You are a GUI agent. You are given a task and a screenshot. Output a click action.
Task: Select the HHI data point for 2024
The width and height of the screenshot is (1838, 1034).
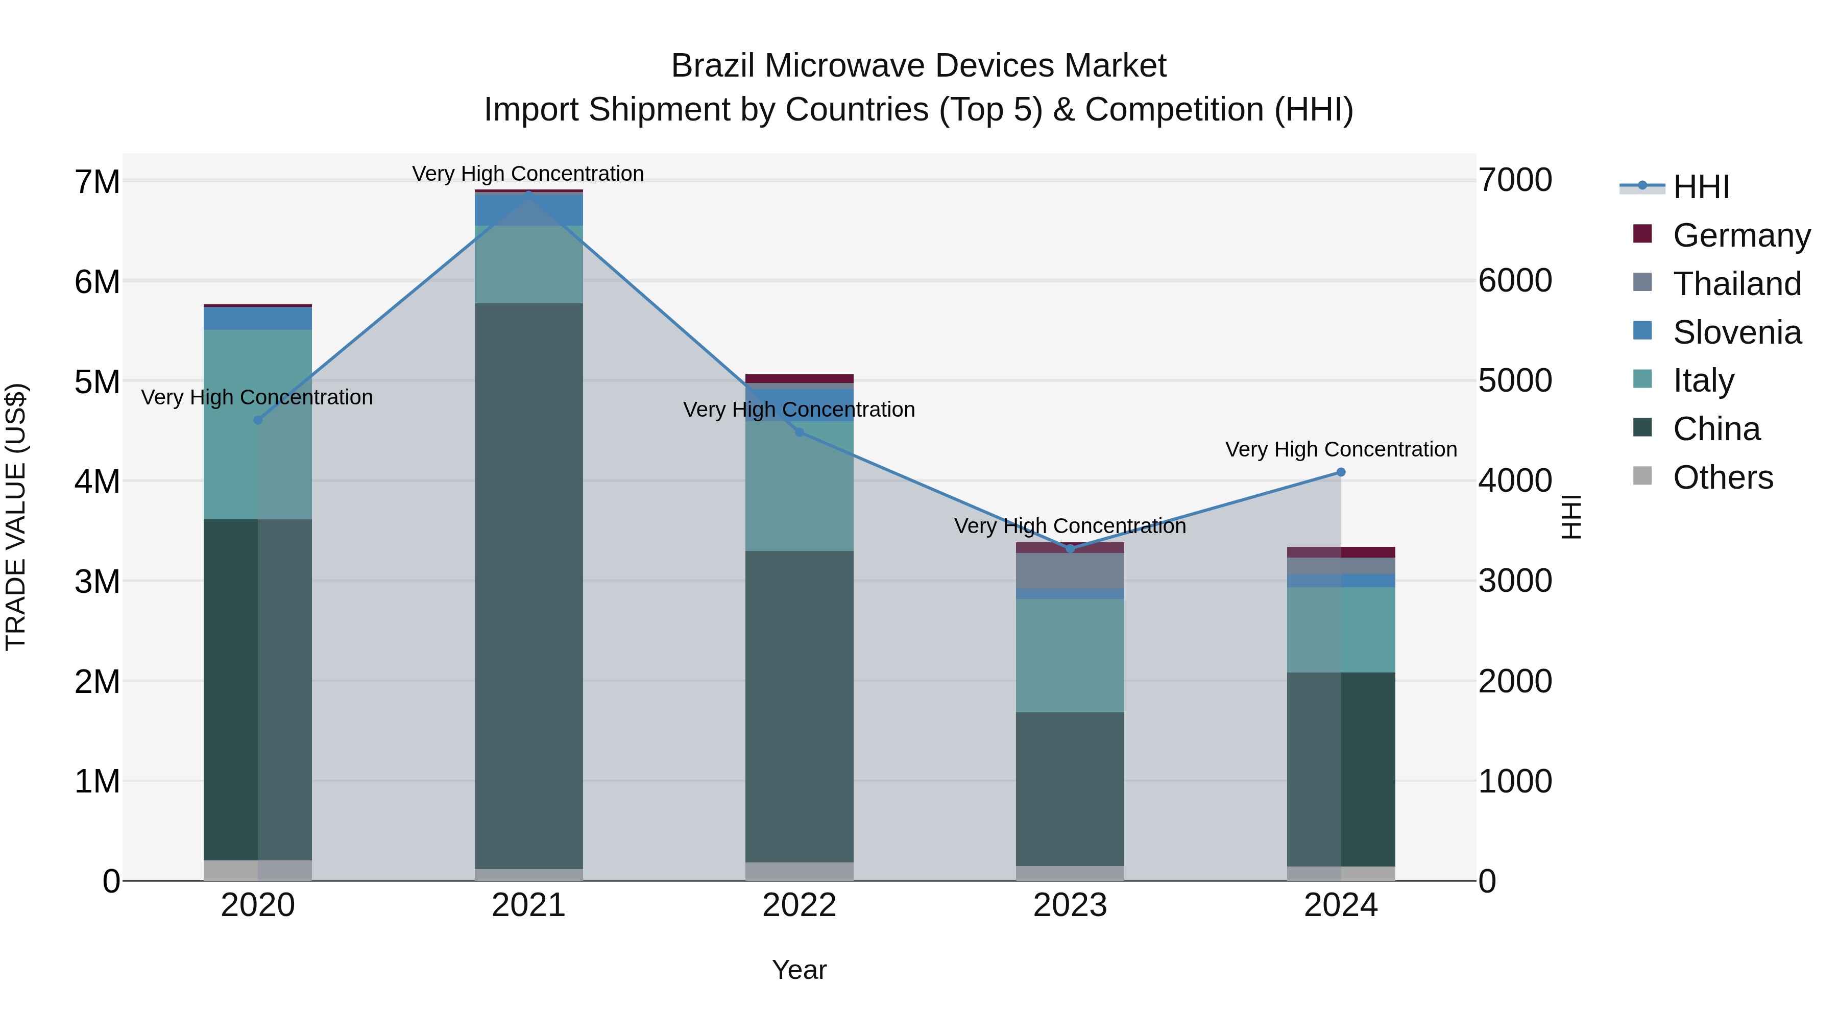pos(1341,472)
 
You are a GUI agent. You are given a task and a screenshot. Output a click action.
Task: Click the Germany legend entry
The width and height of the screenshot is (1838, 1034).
pos(1742,235)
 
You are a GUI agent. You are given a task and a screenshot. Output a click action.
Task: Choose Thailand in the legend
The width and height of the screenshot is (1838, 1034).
pos(1737,284)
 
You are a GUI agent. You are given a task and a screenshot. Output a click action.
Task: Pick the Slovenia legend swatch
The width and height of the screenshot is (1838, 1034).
pos(1642,331)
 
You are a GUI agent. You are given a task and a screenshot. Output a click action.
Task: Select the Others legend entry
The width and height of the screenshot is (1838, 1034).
pos(1723,477)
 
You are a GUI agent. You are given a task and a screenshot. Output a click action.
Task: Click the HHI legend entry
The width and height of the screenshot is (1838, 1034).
pos(1701,187)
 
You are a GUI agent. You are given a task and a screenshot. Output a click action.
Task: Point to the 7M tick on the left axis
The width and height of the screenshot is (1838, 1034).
pos(97,182)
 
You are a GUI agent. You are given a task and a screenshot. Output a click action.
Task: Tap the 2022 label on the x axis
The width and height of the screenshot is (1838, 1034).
pos(799,905)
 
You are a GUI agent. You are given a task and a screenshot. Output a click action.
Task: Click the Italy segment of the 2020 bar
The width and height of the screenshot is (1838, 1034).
pos(258,425)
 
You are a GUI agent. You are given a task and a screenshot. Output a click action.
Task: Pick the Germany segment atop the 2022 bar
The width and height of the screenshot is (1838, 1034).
pos(799,379)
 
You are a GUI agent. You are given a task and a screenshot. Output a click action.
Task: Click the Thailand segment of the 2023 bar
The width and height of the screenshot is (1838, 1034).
pos(1070,571)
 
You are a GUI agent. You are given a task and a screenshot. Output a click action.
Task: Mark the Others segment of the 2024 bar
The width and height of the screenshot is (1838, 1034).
pos(1341,874)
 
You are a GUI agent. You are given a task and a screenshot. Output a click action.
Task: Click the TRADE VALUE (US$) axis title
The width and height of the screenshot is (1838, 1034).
pos(16,517)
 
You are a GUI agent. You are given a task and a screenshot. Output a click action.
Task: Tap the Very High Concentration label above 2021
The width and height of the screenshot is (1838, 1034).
pos(528,174)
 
